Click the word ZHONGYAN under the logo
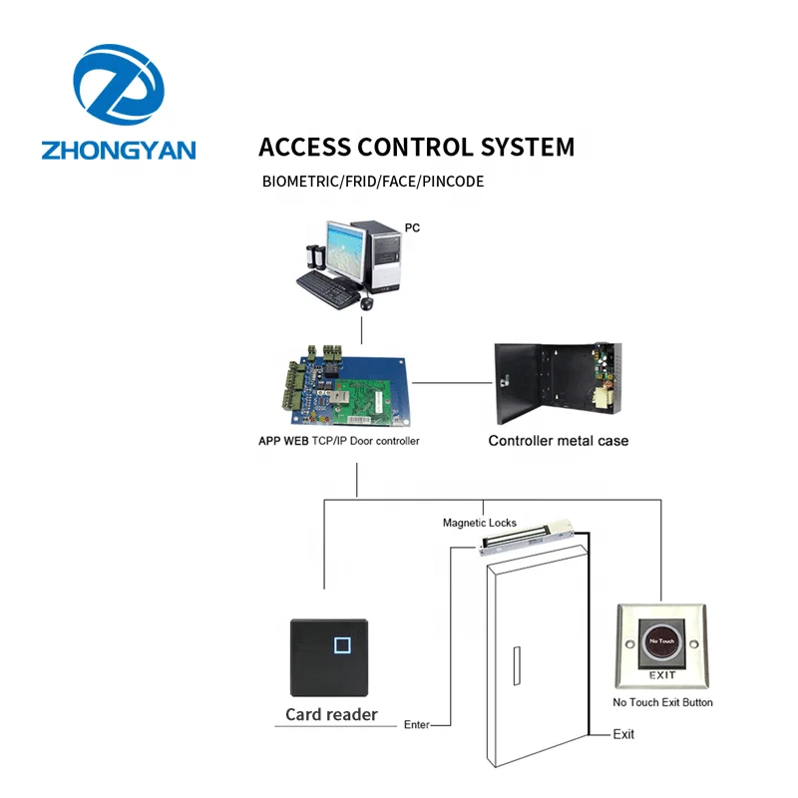(x=119, y=150)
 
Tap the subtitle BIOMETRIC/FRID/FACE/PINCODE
(x=373, y=183)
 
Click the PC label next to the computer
(x=412, y=228)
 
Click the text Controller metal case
(x=558, y=440)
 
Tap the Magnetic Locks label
(x=480, y=523)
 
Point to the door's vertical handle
(x=514, y=668)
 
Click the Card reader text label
(x=331, y=714)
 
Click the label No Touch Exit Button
(x=662, y=702)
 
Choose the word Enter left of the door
(x=416, y=725)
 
